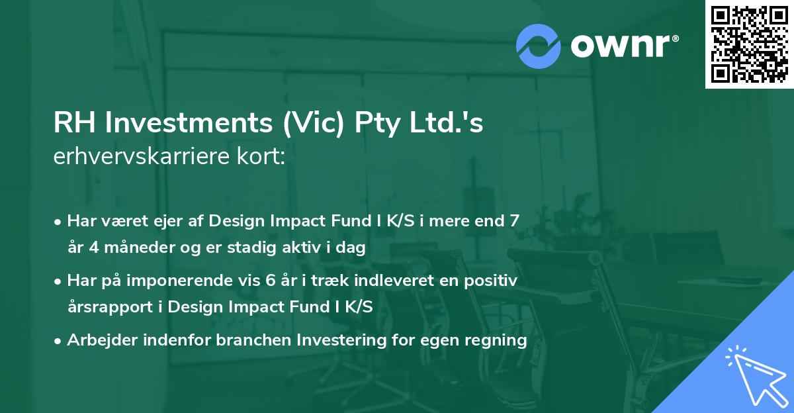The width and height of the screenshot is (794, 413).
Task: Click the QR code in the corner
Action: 750,44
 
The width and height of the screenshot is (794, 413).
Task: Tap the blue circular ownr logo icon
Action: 539,46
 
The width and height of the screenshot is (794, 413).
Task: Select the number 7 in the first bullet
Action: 513,221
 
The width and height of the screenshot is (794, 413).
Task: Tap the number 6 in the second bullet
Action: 270,281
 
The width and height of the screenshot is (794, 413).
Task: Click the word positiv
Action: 490,281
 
